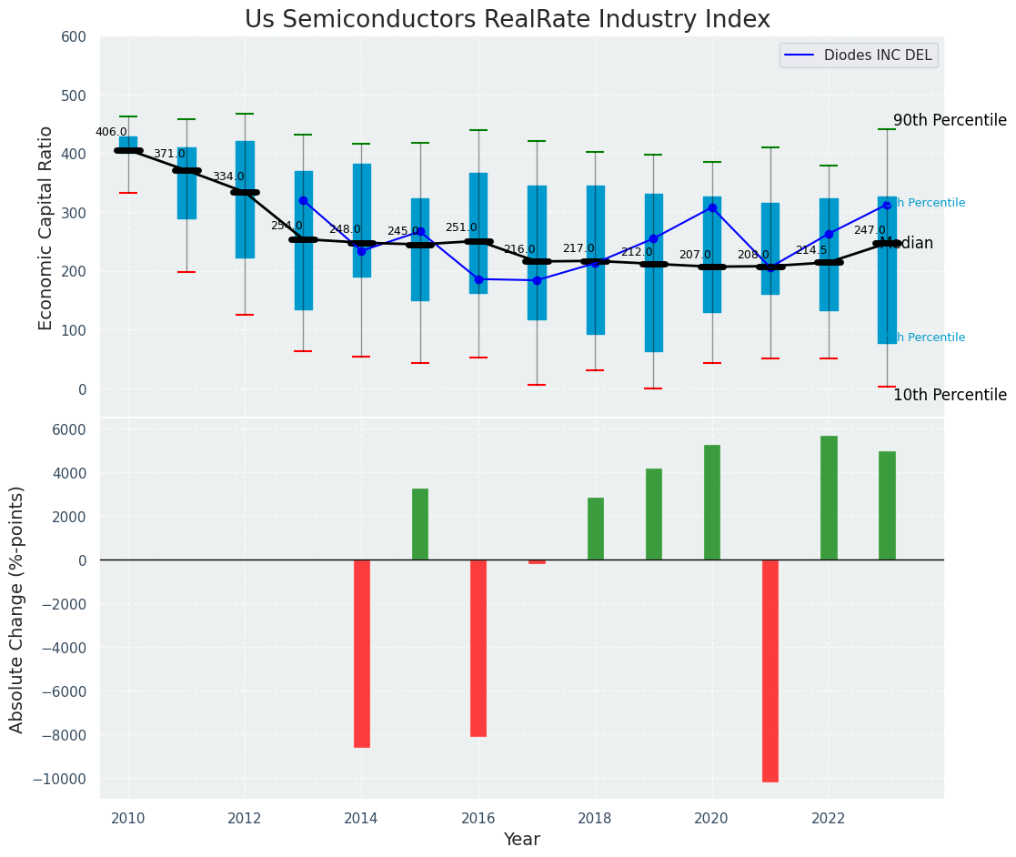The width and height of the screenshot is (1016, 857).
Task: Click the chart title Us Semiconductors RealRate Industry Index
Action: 508,20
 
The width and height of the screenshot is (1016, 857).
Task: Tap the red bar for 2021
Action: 770,670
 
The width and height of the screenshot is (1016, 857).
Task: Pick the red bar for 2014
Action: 362,653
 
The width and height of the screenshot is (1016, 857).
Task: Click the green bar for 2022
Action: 829,498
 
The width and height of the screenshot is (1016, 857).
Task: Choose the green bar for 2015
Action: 420,524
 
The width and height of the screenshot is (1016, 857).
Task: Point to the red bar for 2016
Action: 478,648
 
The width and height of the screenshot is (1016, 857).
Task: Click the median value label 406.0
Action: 111,132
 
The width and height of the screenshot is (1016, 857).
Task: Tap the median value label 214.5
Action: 811,250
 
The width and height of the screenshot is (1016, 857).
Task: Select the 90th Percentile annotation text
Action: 950,120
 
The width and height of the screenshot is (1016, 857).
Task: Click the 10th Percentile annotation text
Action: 950,395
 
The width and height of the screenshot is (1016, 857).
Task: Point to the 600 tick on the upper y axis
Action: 74,37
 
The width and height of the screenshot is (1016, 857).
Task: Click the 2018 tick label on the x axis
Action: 595,818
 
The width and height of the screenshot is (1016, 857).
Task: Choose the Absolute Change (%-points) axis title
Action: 17,609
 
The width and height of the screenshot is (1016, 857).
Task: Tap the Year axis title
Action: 522,840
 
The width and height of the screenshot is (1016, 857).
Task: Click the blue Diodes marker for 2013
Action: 303,200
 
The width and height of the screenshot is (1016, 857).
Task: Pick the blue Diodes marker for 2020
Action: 712,207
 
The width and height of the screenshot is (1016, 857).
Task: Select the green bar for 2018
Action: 596,529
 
